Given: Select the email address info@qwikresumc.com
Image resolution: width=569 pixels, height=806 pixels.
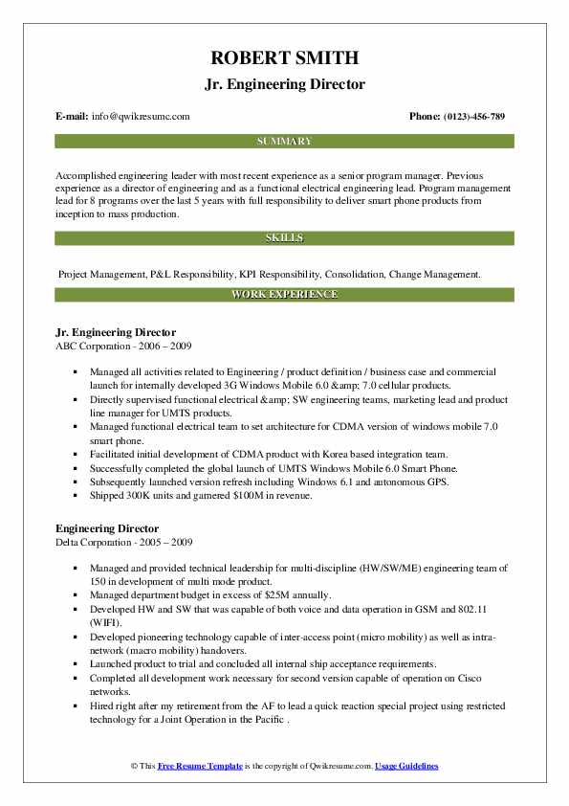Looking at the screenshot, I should (x=141, y=116).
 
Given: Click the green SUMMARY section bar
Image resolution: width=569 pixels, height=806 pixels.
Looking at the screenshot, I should (x=284, y=141).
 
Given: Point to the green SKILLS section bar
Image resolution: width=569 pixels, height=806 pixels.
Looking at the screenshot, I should (x=284, y=237).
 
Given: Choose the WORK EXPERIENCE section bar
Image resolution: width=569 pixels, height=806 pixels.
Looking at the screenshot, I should (x=284, y=294).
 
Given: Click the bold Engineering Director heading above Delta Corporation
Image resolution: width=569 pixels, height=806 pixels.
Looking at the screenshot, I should (x=107, y=528).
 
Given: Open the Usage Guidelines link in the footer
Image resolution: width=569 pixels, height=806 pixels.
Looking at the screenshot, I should (x=406, y=767).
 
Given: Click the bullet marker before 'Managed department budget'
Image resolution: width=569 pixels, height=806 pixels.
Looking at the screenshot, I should (x=76, y=593).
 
